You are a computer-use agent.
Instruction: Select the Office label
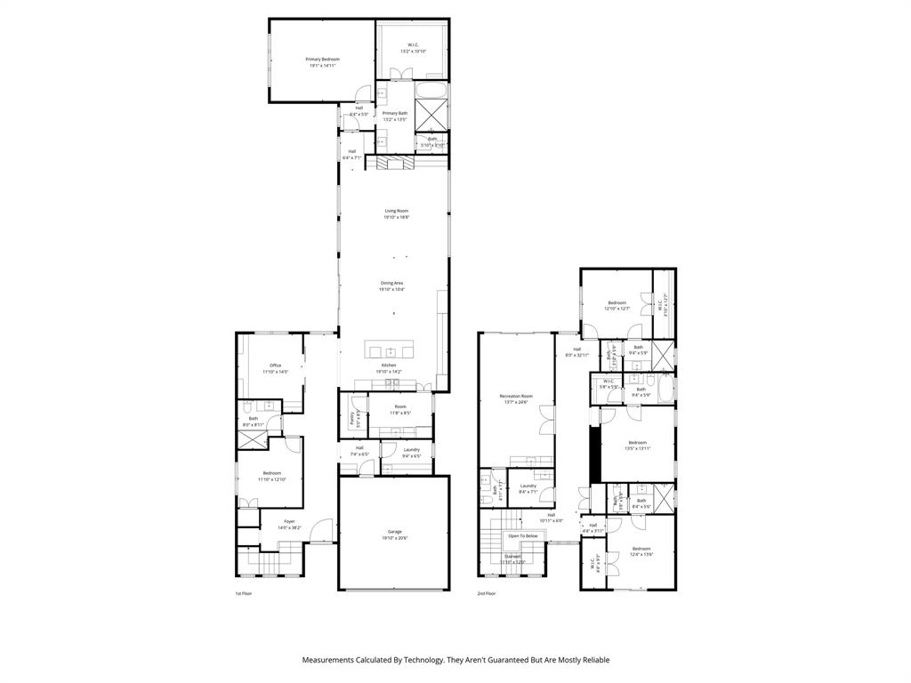click(x=275, y=366)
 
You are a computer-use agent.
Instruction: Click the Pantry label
click(x=352, y=417)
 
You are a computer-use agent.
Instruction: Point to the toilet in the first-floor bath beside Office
click(x=245, y=408)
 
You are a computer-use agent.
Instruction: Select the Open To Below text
click(x=522, y=536)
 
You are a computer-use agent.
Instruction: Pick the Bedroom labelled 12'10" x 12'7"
click(x=617, y=303)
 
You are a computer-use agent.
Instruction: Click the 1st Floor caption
click(x=244, y=593)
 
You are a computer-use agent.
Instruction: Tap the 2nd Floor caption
click(x=486, y=593)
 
